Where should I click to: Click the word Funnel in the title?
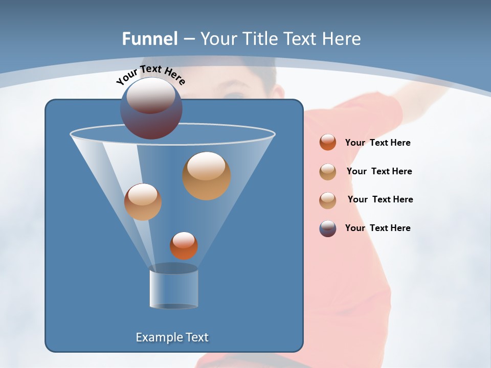[x=150, y=39]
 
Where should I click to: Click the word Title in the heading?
[x=259, y=39]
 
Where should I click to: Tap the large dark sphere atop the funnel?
[x=151, y=108]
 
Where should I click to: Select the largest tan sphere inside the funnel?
[x=207, y=176]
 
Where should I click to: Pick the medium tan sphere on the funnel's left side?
[x=143, y=202]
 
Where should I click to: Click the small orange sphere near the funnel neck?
[x=184, y=245]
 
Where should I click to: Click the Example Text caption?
[x=172, y=337]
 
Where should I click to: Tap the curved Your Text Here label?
[x=150, y=75]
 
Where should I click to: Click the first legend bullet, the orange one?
[x=328, y=142]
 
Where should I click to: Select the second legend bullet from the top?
[x=328, y=172]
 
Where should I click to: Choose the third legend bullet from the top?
[x=328, y=200]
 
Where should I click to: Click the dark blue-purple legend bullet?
[x=328, y=228]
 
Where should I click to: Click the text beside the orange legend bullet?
[x=377, y=143]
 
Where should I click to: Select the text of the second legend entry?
[x=379, y=171]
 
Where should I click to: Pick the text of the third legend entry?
[x=380, y=199]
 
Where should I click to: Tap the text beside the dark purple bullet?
[x=377, y=228]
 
